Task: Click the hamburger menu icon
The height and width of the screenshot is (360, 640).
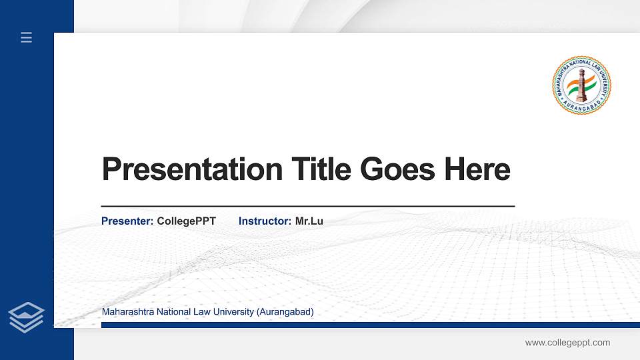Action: pos(26,37)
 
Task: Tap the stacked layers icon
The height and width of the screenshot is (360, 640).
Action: pos(27,317)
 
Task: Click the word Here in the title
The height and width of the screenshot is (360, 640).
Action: pos(477,169)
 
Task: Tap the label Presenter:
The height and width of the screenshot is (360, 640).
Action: pos(127,221)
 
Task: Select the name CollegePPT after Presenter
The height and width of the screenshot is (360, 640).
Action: pos(186,221)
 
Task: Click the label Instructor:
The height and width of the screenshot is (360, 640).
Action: pos(265,221)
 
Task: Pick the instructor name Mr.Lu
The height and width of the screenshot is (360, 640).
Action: pos(309,221)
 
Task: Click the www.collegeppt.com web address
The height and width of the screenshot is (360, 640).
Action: pos(567,343)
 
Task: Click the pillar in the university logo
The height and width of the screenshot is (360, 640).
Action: pos(581,85)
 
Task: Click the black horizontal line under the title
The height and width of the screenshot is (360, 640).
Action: pos(307,207)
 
